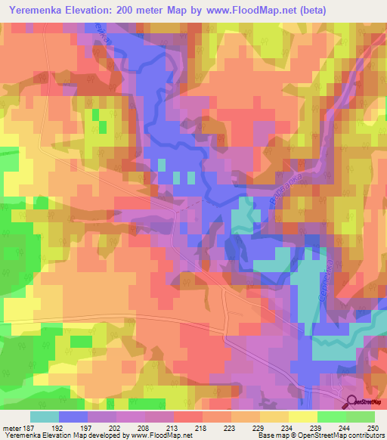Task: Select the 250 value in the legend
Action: (x=373, y=426)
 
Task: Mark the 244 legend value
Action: (x=345, y=426)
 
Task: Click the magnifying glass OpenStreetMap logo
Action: (x=352, y=403)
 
